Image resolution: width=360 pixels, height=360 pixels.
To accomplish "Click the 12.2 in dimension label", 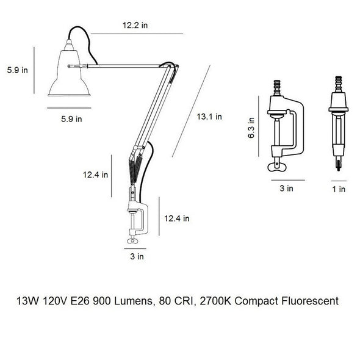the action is tap(135, 25).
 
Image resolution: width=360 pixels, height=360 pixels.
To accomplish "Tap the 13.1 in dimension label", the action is tap(209, 117).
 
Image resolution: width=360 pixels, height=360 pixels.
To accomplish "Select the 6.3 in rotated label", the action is tap(251, 128).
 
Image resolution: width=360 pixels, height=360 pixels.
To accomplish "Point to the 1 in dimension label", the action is tap(339, 189).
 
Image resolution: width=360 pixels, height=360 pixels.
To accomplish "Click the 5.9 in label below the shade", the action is tap(71, 119).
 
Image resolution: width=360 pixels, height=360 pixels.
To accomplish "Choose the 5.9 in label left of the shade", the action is tap(18, 70).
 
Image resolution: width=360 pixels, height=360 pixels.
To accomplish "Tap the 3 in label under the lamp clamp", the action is tap(137, 256).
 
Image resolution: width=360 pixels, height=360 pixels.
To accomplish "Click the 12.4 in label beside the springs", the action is tap(95, 175).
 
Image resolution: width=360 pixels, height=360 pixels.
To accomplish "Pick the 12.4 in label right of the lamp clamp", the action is tap(176, 218).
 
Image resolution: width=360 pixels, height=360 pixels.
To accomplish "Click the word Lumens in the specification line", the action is tap(133, 301).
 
